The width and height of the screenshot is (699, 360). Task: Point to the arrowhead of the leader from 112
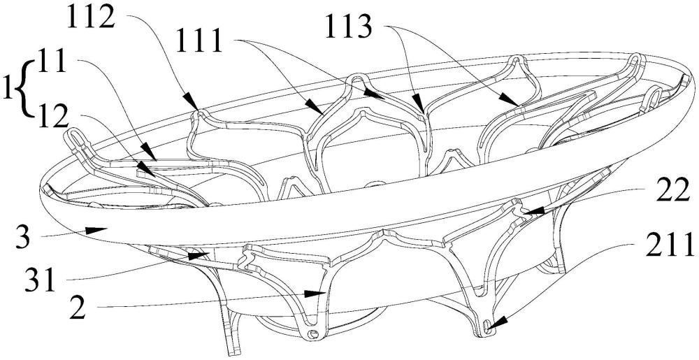point(190,101)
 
